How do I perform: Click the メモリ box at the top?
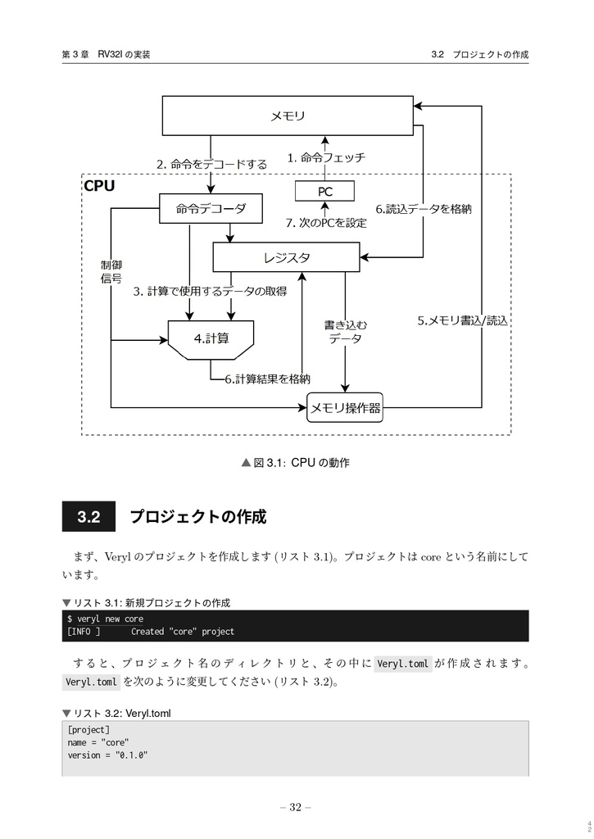288,116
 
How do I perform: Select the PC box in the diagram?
325,192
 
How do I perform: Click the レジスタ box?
287,257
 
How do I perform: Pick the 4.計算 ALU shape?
211,338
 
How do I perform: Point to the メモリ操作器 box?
344,407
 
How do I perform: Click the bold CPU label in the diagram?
100,186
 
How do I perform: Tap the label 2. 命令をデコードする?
211,164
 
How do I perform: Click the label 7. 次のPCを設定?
325,223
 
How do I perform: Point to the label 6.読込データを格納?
424,209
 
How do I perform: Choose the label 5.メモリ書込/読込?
462,320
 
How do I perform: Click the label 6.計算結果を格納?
267,379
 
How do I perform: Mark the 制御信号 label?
111,272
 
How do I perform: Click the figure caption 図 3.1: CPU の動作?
296,464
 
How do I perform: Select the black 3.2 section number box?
88,518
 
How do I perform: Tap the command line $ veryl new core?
105,619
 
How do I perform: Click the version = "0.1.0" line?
107,755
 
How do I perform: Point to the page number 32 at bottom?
296,808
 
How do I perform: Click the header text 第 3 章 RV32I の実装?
105,55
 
